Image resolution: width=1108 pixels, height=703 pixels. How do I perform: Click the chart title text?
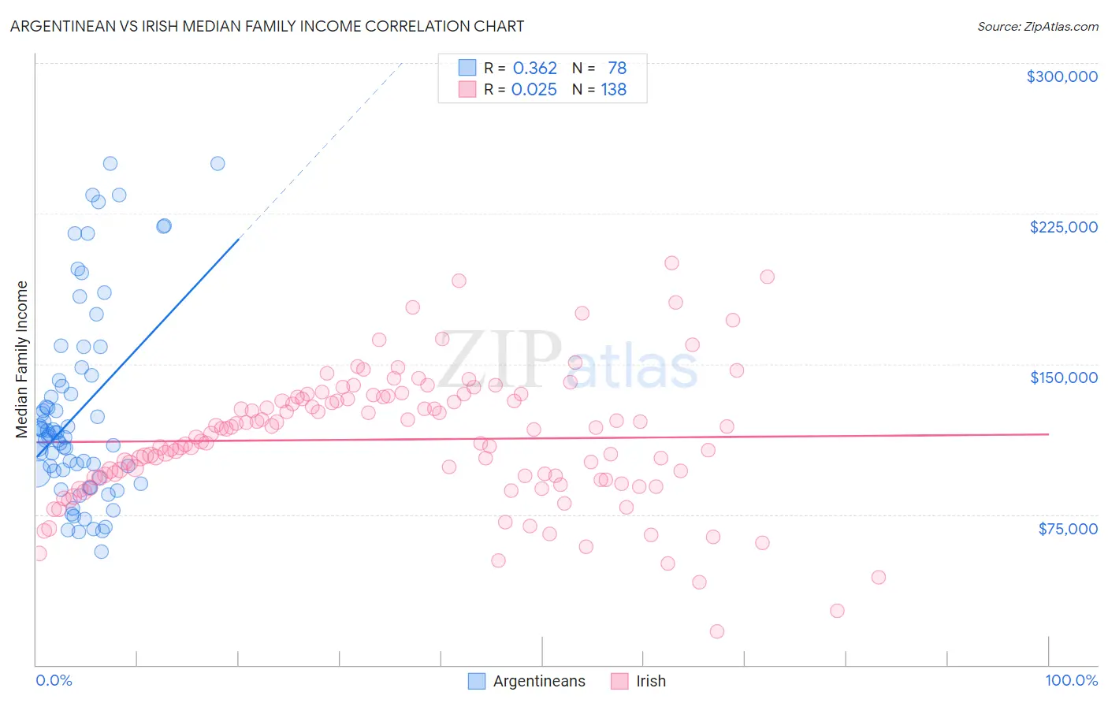click(267, 26)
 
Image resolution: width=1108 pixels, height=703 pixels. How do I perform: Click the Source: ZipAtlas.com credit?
click(1037, 26)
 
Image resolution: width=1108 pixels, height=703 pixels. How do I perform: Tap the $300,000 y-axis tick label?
click(1062, 76)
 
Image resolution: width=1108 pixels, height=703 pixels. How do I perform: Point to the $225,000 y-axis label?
click(1063, 227)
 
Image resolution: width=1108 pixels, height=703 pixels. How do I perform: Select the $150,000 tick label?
click(1063, 378)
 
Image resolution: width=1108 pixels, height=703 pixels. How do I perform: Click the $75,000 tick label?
click(1068, 529)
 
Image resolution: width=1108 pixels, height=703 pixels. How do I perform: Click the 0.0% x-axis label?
click(54, 680)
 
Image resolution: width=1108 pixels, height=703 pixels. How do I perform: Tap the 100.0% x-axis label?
click(1071, 680)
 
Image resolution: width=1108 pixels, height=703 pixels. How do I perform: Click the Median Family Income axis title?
click(22, 359)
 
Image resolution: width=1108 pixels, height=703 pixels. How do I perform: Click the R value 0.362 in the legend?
click(534, 68)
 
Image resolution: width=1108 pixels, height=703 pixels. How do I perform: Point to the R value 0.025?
click(534, 89)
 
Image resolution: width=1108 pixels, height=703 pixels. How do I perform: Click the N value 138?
click(613, 89)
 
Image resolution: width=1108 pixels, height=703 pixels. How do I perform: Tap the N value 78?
click(616, 68)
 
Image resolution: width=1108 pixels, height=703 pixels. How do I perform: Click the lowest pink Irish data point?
click(716, 631)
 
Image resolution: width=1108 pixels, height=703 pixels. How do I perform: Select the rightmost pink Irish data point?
click(878, 577)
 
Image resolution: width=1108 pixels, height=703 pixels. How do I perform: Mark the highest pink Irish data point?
click(671, 262)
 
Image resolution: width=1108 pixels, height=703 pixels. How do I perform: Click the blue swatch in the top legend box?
click(467, 68)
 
